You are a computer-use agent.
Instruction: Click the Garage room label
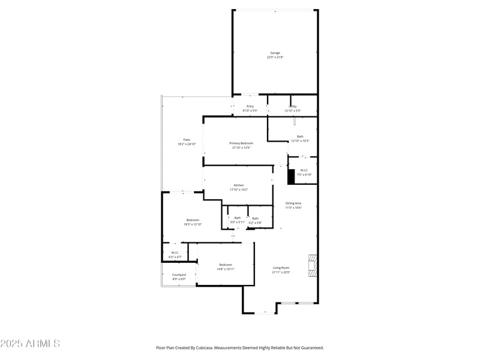click(x=275, y=53)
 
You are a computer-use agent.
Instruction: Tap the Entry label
click(x=250, y=106)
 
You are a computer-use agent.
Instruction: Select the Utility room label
click(x=292, y=106)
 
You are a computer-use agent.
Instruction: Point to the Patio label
click(x=187, y=140)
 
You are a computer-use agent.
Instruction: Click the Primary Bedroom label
click(x=241, y=143)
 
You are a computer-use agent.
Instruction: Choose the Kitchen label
click(x=239, y=185)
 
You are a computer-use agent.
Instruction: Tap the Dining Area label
click(x=293, y=203)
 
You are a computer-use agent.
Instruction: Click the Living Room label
click(x=281, y=268)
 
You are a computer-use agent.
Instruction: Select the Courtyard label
click(x=179, y=275)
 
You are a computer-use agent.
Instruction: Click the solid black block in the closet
click(x=292, y=177)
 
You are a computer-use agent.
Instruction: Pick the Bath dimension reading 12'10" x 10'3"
click(x=300, y=141)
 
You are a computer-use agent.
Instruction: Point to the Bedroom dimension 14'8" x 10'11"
click(x=226, y=269)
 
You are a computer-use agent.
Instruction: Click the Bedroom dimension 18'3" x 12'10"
click(x=193, y=224)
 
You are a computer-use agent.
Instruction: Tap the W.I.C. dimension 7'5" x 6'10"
click(x=304, y=175)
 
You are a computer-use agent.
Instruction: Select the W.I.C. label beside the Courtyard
click(x=175, y=253)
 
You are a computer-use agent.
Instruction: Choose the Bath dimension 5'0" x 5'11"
click(x=238, y=223)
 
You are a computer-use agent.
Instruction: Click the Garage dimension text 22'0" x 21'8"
click(x=275, y=58)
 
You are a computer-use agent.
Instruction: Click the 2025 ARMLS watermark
click(x=30, y=344)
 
